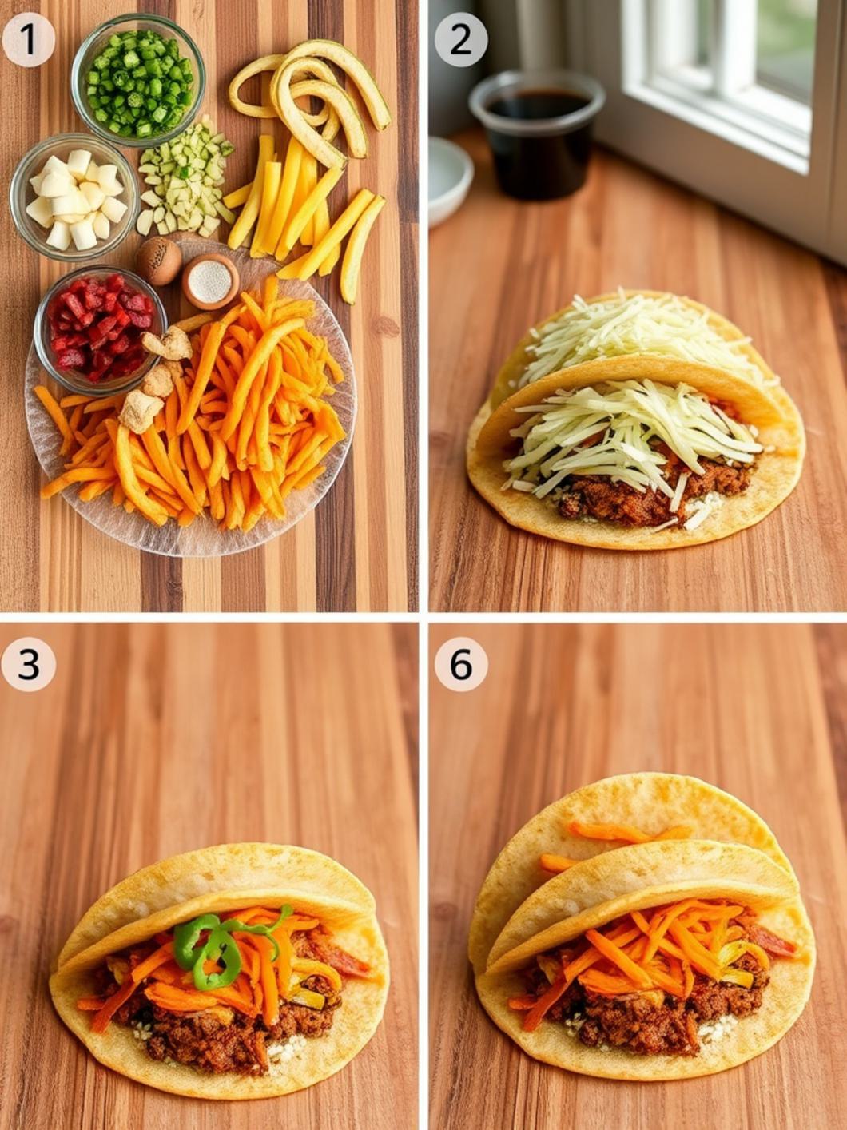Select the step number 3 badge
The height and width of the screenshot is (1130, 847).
coord(29,663)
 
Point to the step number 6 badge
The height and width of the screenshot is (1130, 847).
coord(461,663)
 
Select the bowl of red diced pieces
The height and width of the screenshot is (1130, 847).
coord(99,327)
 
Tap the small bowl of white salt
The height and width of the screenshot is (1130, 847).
coord(210,281)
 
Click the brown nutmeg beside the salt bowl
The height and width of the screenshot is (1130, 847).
coord(158,261)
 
